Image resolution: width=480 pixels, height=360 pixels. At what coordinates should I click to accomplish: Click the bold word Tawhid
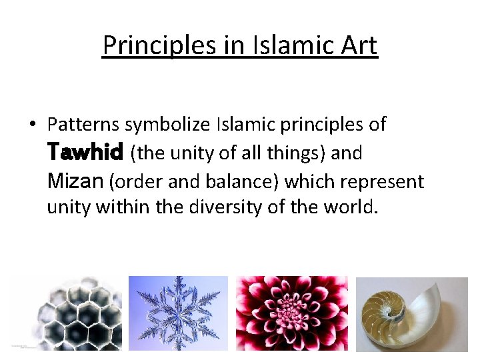point(85,153)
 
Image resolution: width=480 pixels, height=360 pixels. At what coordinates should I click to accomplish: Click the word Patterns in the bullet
point(84,125)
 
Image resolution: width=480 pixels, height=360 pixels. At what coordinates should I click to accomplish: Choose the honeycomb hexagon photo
point(66,313)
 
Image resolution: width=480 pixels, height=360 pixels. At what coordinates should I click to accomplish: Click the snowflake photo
point(178,313)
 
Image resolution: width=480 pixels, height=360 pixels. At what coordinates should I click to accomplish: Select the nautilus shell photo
point(411,313)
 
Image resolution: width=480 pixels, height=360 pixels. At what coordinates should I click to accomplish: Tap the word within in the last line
point(123,208)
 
